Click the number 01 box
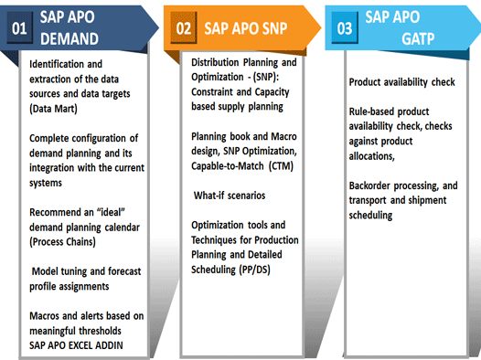[18, 29]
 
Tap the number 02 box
[183, 29]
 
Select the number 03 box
[344, 29]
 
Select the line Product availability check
[401, 82]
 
